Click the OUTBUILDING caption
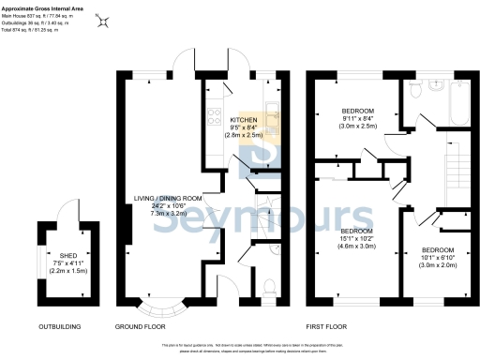pyautogui.click(x=58, y=327)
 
